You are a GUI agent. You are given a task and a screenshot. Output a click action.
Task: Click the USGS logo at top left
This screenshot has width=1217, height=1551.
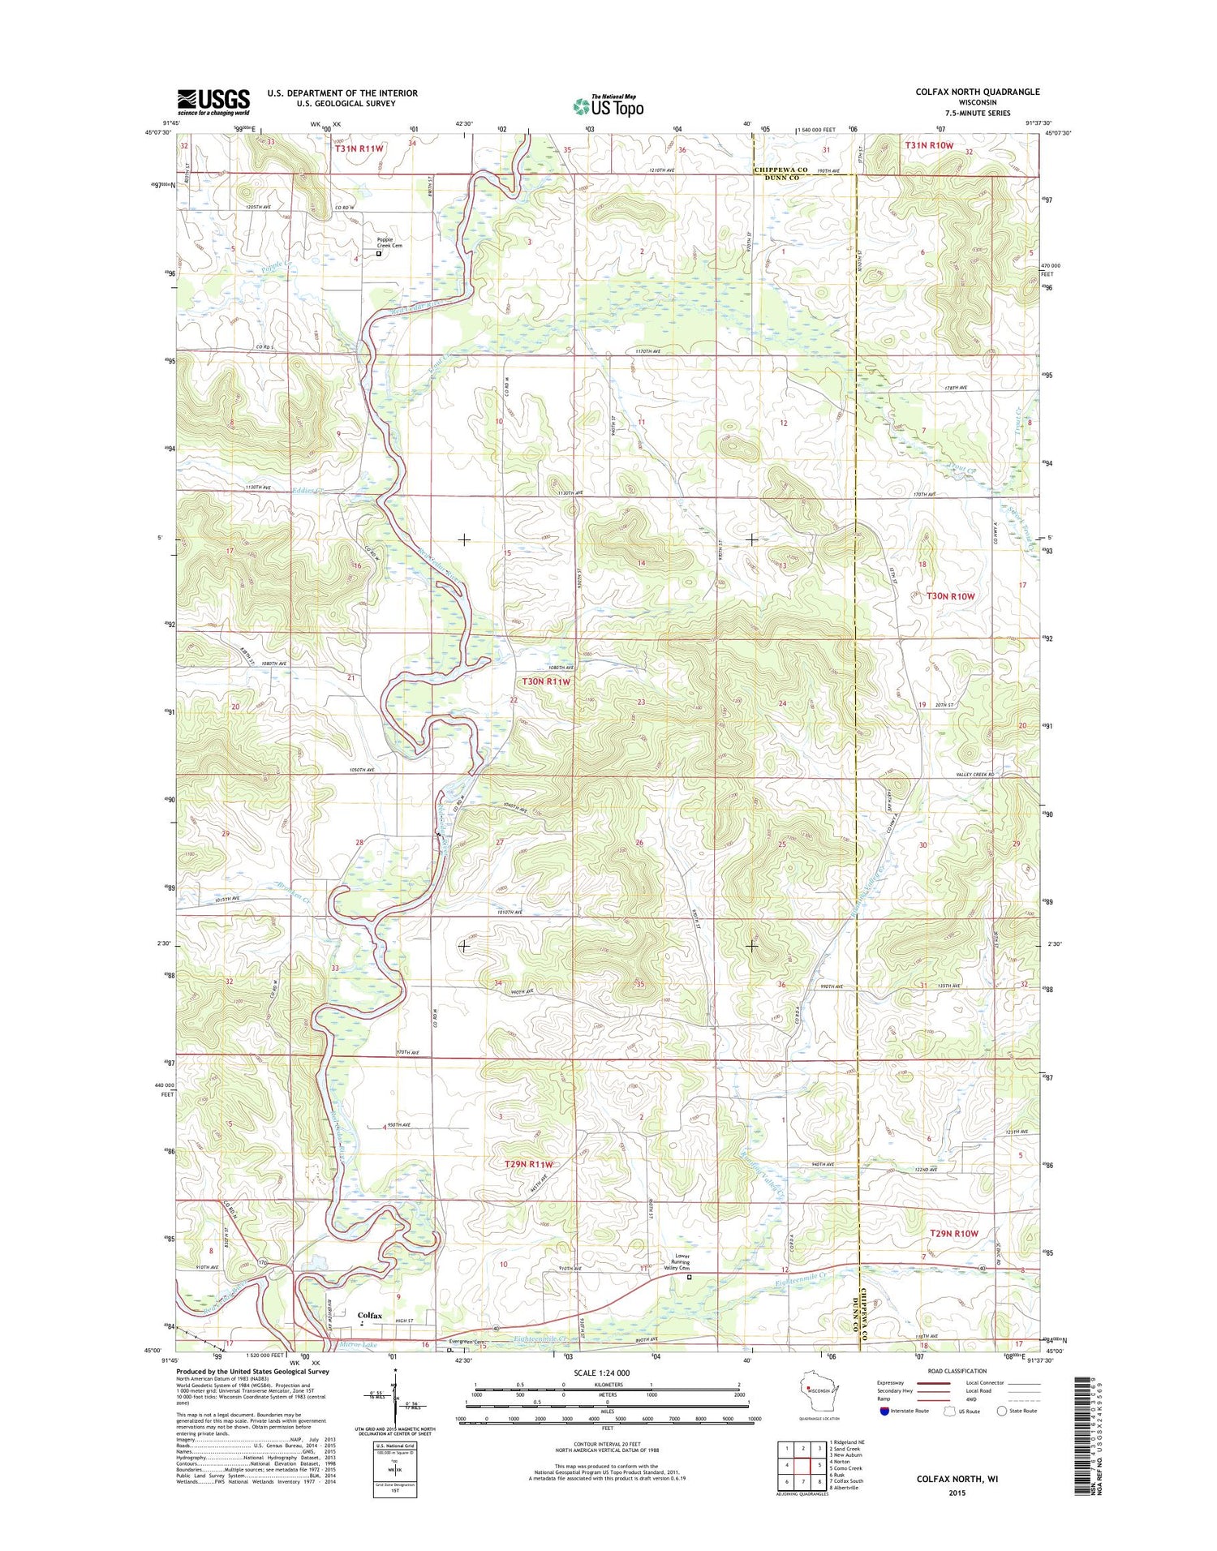pyautogui.click(x=213, y=101)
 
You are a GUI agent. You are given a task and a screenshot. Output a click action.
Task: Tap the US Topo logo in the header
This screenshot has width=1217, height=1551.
pyautogui.click(x=608, y=106)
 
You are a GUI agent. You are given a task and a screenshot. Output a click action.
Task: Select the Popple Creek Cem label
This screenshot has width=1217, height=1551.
pyautogui.click(x=389, y=241)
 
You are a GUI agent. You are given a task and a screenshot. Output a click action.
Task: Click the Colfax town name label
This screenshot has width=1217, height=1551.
pyautogui.click(x=369, y=1315)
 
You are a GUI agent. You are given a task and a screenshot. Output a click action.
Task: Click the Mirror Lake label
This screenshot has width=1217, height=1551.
pyautogui.click(x=359, y=1344)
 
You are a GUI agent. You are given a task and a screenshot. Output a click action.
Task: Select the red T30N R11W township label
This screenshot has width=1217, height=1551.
pyautogui.click(x=546, y=681)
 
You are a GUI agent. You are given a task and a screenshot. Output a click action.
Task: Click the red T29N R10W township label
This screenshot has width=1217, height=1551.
pyautogui.click(x=953, y=1233)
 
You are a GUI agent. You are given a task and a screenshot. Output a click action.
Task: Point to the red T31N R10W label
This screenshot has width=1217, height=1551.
pyautogui.click(x=929, y=145)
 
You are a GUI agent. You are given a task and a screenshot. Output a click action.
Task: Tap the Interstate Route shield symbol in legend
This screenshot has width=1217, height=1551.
pyautogui.click(x=884, y=1411)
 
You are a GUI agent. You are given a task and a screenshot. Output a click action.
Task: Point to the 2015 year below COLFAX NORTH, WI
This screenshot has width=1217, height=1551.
pyautogui.click(x=957, y=1493)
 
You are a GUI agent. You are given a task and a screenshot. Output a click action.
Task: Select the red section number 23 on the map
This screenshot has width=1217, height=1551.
pyautogui.click(x=641, y=702)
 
